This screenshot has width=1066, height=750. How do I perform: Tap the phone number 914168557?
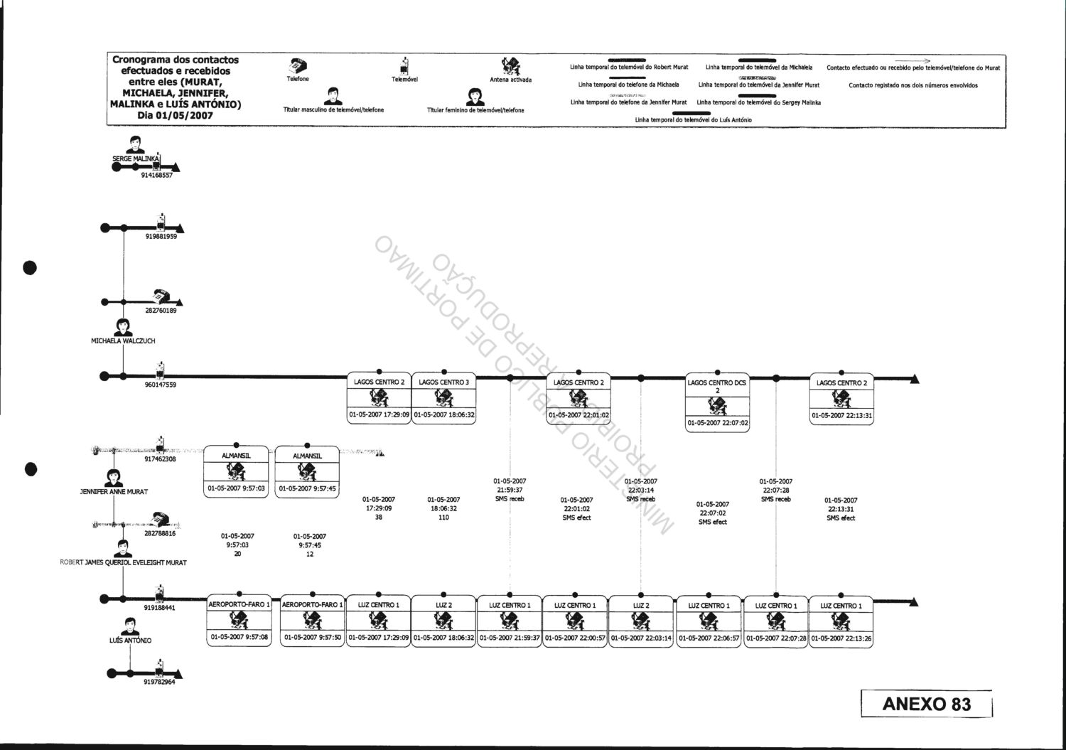156,175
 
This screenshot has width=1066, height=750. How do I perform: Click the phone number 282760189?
161,311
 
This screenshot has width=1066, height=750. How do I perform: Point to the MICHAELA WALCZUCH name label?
123,341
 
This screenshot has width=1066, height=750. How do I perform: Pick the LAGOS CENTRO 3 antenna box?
443,398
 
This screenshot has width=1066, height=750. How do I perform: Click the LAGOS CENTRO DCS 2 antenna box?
717,402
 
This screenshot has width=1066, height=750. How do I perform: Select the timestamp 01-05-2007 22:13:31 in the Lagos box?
841,416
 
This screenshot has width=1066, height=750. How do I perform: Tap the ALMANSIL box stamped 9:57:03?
235,471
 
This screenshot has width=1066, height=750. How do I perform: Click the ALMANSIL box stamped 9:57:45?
307,471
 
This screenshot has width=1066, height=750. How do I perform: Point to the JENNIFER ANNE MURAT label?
114,492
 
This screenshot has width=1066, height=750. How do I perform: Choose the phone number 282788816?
160,533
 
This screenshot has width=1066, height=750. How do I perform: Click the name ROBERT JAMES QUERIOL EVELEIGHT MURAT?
123,563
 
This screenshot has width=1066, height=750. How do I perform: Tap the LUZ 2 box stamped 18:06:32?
443,621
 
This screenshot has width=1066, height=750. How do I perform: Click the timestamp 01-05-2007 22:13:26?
841,638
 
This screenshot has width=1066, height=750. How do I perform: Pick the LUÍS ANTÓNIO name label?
130,641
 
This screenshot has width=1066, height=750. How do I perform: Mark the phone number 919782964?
159,682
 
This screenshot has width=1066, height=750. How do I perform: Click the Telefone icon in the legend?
297,65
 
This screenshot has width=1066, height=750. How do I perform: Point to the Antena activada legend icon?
510,66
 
